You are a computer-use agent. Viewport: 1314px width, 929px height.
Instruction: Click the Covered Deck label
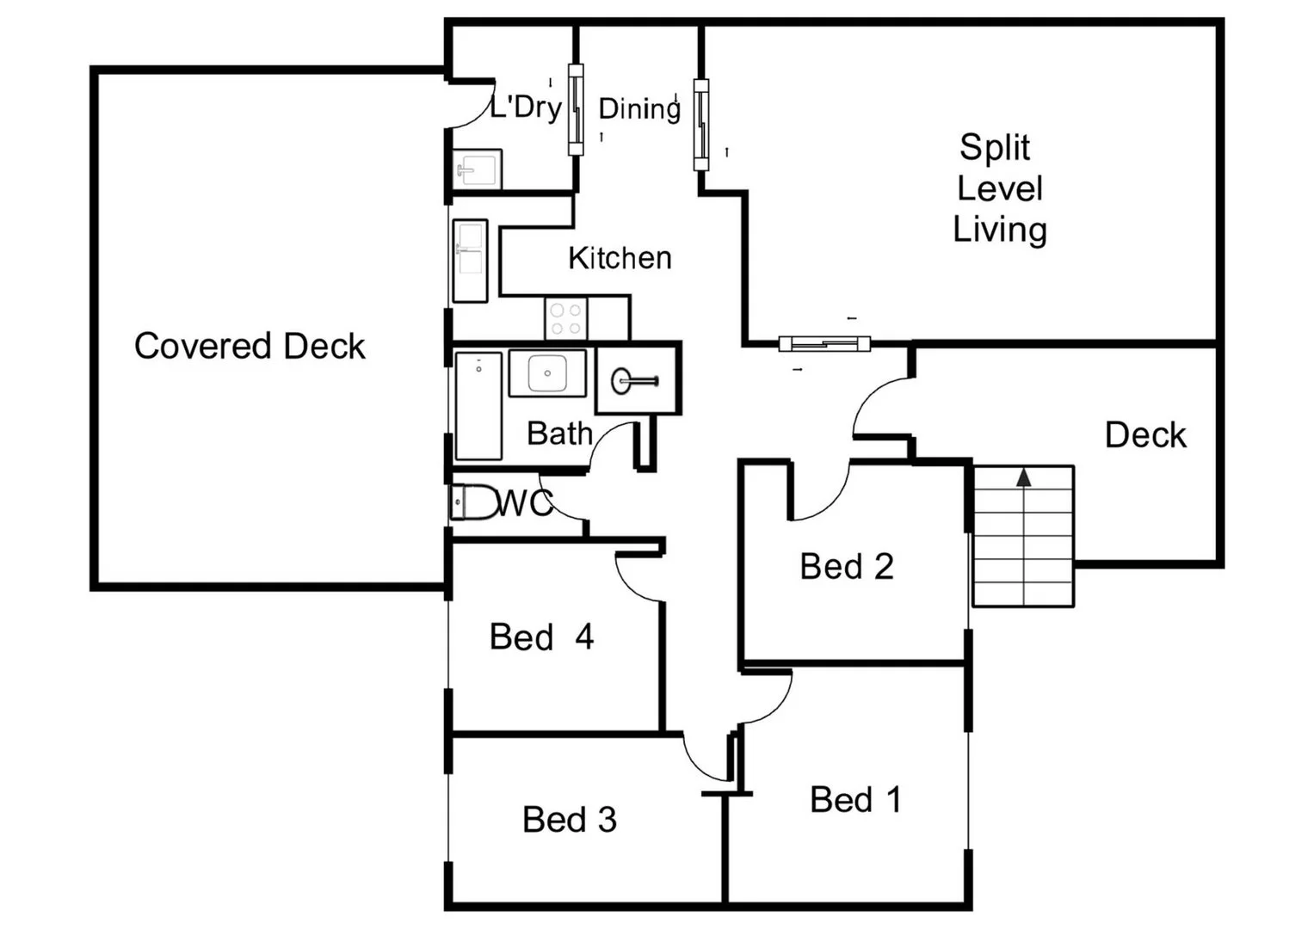coord(250,346)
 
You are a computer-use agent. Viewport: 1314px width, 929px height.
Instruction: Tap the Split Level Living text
coord(999,188)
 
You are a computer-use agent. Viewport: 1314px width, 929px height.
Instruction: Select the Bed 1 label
coord(855,800)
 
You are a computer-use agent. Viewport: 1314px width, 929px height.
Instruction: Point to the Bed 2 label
coord(847,567)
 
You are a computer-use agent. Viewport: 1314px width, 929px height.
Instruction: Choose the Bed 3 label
coord(570,820)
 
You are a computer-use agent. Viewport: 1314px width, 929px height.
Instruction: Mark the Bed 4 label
coord(541,637)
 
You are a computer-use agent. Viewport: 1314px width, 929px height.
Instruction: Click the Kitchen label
coord(620,258)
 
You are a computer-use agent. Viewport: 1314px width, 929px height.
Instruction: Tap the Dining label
coord(639,109)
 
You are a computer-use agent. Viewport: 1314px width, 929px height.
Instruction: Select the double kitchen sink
coord(470,261)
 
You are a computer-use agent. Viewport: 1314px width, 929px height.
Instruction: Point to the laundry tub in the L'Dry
coord(477,169)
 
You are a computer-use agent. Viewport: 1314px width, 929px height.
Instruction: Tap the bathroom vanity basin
coord(546,373)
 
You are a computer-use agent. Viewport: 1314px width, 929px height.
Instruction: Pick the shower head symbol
coord(635,380)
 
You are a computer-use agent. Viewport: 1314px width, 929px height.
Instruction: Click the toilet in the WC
coord(473,502)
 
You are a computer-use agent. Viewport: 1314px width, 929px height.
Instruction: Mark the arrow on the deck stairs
coord(1023,477)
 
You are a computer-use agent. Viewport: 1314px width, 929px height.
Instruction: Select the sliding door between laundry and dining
coord(576,109)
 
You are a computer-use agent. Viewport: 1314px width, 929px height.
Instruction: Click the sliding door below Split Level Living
coord(824,344)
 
